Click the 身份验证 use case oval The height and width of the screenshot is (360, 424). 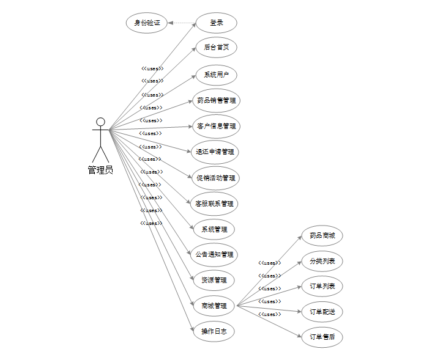point(147,23)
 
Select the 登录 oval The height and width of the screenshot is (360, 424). point(216,23)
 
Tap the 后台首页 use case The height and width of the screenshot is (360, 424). point(216,47)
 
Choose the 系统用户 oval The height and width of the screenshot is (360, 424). point(216,75)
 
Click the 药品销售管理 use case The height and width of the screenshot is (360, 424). point(215,100)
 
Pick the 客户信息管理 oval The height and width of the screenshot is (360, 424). point(215,127)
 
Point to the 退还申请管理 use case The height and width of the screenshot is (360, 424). point(214,152)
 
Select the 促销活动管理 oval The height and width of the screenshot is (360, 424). point(215,178)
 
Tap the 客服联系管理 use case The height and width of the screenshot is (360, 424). point(214,204)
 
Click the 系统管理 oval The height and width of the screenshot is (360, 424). point(214,229)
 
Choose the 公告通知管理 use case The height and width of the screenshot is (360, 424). point(214,254)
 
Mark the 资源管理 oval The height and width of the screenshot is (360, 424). point(214,280)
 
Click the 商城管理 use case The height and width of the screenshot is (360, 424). point(214,306)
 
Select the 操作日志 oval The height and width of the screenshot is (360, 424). point(214,331)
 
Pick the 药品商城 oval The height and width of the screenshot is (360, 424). point(322,235)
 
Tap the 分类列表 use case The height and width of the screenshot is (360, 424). point(322,261)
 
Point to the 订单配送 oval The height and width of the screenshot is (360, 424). point(322,312)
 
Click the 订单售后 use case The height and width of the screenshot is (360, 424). point(322,337)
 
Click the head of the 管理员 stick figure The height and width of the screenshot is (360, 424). point(100,122)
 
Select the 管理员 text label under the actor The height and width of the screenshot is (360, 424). point(100,170)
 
